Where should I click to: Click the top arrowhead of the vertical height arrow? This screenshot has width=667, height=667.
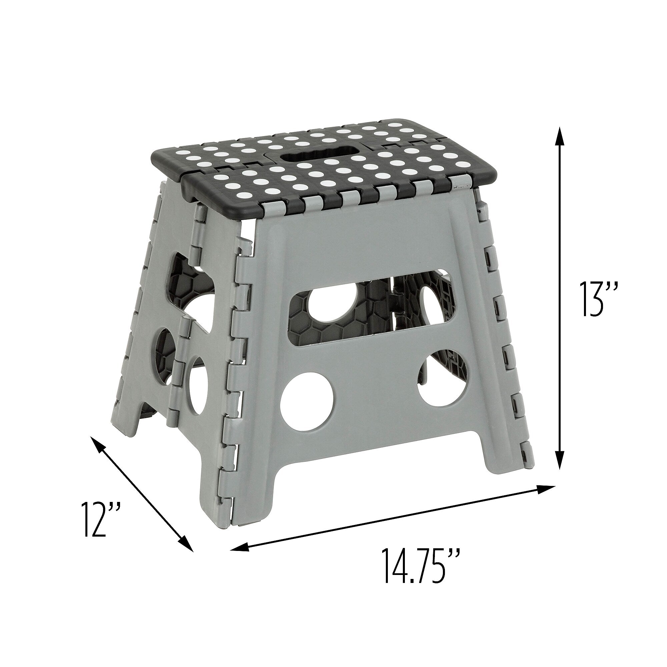tap(560, 137)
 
